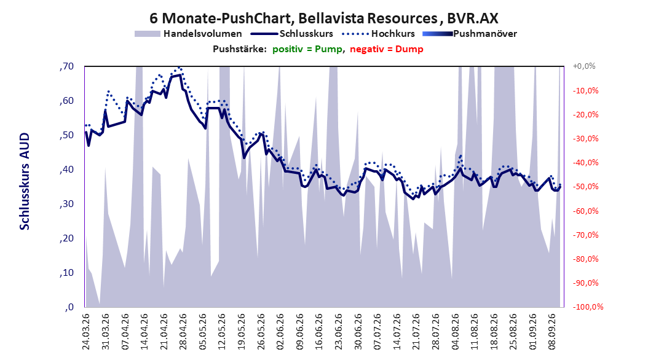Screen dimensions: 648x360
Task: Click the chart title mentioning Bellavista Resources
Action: [x=323, y=18]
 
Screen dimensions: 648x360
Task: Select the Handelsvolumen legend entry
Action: [x=189, y=34]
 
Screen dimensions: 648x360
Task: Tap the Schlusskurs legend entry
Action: [x=292, y=34]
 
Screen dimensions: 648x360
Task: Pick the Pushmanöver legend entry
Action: [x=470, y=34]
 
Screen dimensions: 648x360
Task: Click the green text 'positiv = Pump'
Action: [x=307, y=49]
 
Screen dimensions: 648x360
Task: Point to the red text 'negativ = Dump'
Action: [x=387, y=49]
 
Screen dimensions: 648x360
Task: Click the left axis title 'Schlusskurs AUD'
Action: [x=25, y=181]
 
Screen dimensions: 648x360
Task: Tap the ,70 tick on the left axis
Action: [x=66, y=66]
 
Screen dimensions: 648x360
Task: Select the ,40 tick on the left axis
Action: [x=66, y=170]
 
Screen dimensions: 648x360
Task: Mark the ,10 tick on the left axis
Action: [x=66, y=273]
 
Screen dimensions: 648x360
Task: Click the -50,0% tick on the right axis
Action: [x=585, y=187]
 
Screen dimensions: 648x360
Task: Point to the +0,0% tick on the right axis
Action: [x=584, y=66]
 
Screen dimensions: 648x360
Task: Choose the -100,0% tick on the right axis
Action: [x=588, y=307]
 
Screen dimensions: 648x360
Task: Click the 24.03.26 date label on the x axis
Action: [x=86, y=332]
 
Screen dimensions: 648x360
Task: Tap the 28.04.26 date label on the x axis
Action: [x=183, y=332]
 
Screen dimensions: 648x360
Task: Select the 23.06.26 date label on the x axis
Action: [x=339, y=332]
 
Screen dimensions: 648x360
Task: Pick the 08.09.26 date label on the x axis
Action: [x=552, y=332]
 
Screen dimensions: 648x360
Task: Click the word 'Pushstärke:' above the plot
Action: [x=240, y=49]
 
